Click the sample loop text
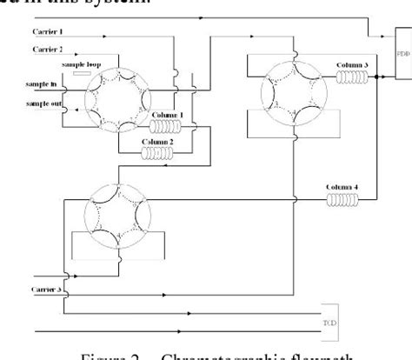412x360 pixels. coord(77,64)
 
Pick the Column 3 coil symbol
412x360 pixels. coord(350,77)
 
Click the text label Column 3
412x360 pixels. coord(350,64)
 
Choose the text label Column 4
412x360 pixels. coord(339,186)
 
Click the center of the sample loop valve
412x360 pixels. coord(110,98)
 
